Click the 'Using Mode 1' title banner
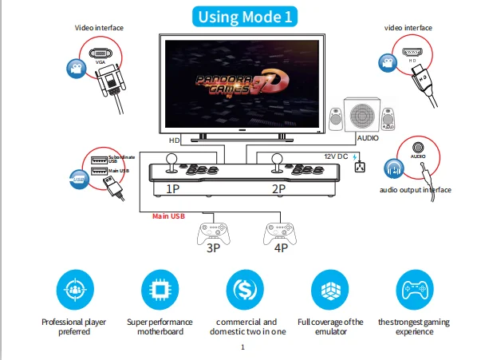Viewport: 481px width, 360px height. click(240, 15)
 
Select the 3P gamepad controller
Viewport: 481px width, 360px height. click(211, 231)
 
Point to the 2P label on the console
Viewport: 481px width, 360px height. click(278, 189)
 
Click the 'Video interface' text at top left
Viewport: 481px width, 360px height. click(100, 28)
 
